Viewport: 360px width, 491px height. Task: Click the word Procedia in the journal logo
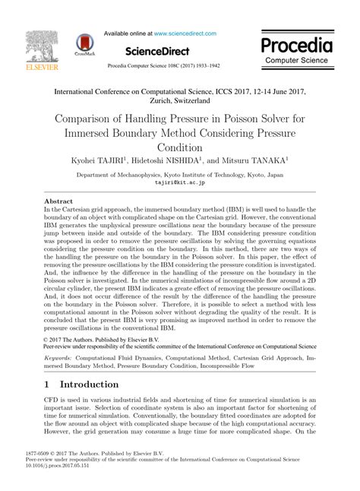(298, 43)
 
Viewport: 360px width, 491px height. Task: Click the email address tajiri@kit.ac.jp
(180, 182)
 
